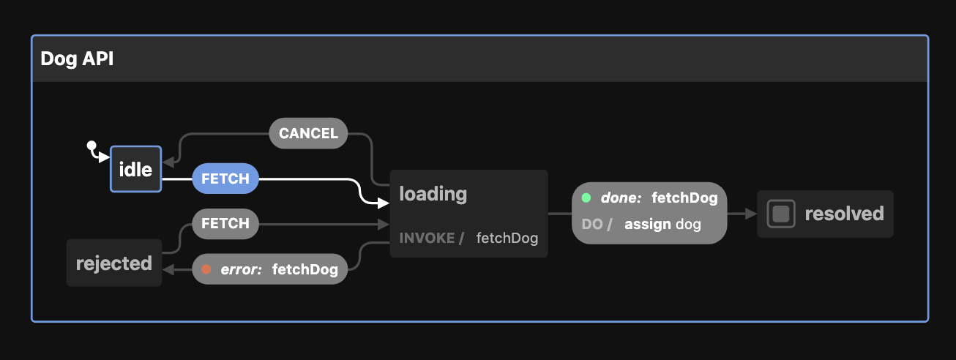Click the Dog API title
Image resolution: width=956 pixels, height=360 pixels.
(77, 59)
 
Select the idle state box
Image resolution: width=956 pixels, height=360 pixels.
(135, 170)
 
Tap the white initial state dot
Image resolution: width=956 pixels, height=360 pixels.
(91, 145)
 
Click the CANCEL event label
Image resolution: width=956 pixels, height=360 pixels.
(308, 133)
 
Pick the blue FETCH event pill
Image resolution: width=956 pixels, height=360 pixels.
(225, 179)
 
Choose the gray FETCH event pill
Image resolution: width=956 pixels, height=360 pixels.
(225, 223)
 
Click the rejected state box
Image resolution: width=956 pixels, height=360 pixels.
(114, 263)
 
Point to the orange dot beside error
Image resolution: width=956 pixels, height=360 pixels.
(206, 269)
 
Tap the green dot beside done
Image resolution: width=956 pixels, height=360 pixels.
(586, 198)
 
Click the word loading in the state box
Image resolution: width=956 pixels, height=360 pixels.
(433, 194)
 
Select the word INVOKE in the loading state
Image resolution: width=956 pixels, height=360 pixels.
(427, 239)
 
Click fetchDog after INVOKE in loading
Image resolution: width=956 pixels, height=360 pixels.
(507, 239)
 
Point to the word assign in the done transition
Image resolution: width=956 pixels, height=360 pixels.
(647, 224)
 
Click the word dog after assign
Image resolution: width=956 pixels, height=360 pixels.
(688, 224)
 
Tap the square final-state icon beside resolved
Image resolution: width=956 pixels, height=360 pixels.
(781, 214)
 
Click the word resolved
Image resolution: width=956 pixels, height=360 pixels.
(844, 214)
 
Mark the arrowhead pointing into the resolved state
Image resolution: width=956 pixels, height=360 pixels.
(752, 214)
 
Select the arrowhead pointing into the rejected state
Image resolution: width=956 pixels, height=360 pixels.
(168, 269)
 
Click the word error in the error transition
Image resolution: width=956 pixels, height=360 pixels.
(241, 269)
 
